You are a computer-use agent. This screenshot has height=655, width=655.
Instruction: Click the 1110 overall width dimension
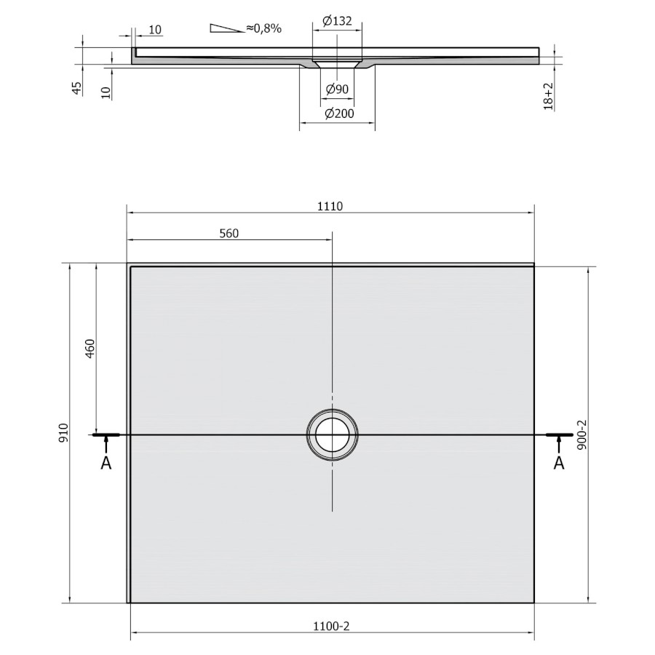pos(330,207)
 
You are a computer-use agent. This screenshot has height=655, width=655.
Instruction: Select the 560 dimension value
pos(229,234)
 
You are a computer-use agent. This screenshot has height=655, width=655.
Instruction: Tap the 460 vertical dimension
pos(90,349)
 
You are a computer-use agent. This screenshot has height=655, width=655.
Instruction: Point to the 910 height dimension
pos(63,433)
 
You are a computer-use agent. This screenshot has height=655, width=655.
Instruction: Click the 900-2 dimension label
pos(582,435)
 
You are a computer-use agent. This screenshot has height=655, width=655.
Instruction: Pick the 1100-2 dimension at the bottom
pos(331,626)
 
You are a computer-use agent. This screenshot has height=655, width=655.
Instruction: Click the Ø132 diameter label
pos(337,21)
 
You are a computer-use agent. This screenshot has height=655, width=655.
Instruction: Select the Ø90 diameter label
pos(337,89)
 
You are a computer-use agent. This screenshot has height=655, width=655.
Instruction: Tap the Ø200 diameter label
pos(339,114)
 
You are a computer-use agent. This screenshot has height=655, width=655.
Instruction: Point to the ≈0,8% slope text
pos(263,28)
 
